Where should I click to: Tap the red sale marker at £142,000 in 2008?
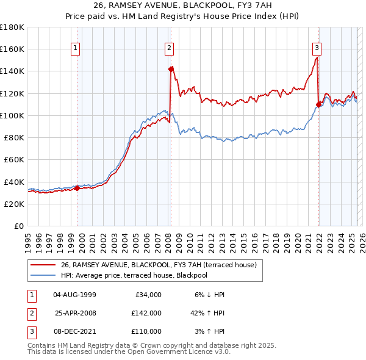(x=171, y=69)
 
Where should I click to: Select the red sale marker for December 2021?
(x=318, y=104)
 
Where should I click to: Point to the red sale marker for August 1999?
(x=77, y=188)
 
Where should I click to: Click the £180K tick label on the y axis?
(x=12, y=27)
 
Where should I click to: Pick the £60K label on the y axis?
(x=14, y=159)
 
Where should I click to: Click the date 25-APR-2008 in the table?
(x=76, y=313)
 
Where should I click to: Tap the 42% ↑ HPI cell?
(x=207, y=313)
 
